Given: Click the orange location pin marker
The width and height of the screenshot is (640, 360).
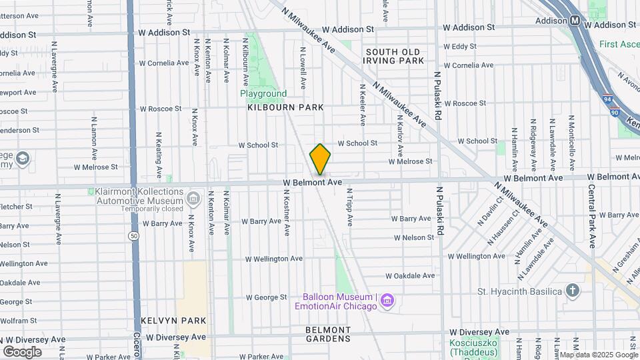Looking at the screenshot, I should pos(320,159).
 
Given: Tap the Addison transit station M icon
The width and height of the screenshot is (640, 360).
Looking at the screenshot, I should pos(575,21).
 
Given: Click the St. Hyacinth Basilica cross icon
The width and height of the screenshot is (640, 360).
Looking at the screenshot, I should pos(572,291).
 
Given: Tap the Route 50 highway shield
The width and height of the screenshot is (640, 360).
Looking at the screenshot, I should pos(134,236).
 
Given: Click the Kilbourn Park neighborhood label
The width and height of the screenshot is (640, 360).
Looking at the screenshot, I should pos(285,107).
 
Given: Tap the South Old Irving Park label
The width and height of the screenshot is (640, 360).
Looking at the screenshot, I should pos(393,56).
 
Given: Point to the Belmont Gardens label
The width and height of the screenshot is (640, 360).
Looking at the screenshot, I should pos(328,334).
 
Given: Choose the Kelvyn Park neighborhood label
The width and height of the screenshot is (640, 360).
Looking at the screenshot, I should pos(173,321).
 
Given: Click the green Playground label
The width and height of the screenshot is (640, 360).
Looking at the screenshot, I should pos(263,94).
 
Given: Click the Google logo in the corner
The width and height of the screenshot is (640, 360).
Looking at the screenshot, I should pos(22,351).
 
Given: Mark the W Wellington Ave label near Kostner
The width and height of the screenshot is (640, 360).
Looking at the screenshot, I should pos(273,259).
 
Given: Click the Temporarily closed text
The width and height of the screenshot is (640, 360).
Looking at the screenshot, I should pos(153,209).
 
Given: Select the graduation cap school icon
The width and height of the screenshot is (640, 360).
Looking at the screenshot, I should pos(22,159).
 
